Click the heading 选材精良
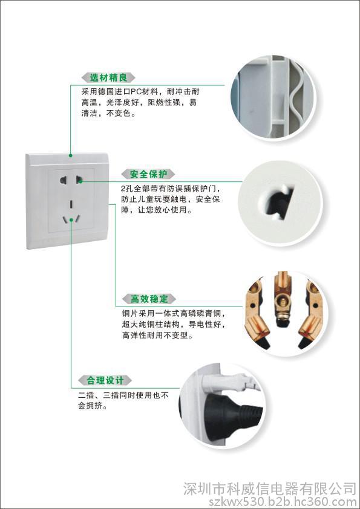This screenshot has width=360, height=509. coord(108,78)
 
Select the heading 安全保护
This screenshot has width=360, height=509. coord(148,174)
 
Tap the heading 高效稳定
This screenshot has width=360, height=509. coord(149,299)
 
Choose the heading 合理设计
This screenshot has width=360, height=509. coord(105,380)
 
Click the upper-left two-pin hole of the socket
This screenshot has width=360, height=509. coord(63,179)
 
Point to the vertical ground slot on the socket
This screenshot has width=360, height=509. coord(71,204)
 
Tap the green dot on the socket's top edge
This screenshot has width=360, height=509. coord(70,155)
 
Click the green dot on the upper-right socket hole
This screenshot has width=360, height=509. coord(80,181)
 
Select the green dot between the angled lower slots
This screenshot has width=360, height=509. coord(71,220)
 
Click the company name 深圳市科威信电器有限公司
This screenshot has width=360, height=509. coord(270,489)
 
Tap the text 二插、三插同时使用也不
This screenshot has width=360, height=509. coord(123,395)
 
